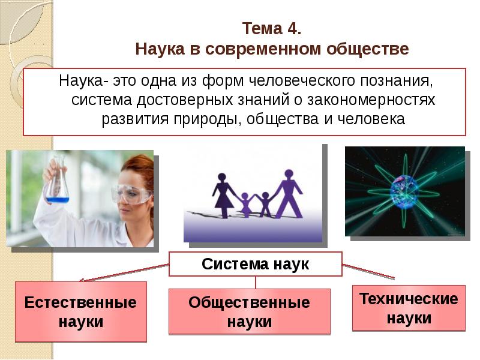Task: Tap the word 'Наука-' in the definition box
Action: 79,80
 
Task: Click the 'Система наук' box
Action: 256,264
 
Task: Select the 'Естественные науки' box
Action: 80,311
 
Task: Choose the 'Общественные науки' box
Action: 249,311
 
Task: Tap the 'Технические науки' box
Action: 408,308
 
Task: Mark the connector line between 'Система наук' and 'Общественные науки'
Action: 256,283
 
